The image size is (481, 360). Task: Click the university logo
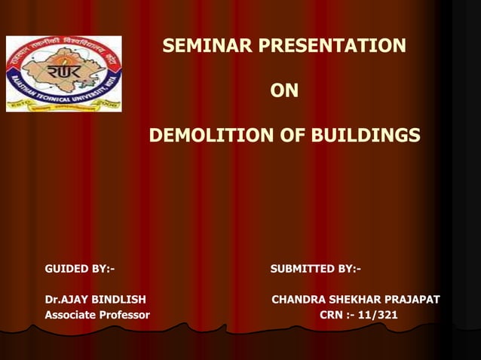64,74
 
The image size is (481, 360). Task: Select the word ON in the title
284,91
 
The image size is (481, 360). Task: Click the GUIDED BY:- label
80,269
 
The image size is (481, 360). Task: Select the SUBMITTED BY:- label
315,269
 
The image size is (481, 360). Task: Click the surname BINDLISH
120,300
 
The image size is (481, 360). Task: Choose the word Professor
125,314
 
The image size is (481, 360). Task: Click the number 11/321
378,314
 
